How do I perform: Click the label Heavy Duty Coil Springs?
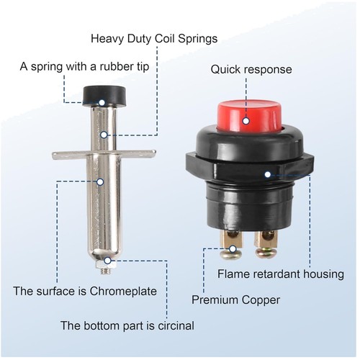pos(154,40)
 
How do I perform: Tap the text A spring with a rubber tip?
pos(84,67)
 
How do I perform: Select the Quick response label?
pos(251,70)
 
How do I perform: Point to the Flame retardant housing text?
pos(281,274)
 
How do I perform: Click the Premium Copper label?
pos(235,300)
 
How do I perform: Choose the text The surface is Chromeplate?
pos(85,291)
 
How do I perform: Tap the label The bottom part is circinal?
pos(127,326)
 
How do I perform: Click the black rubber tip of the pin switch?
pos(104,96)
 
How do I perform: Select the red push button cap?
pos(249,117)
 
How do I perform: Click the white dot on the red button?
pos(246,121)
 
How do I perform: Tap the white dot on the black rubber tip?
pos(102,103)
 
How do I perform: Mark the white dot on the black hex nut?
pos(267,174)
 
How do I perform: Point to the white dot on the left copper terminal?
pos(233,249)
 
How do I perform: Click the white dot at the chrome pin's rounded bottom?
pos(108,261)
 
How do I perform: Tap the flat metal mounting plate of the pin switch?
pos(104,154)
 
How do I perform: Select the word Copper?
pos(261,300)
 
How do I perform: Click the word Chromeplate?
pos(123,292)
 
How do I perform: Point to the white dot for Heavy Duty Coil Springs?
pos(104,135)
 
